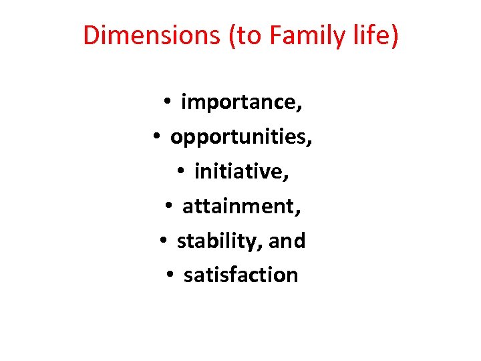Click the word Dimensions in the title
[152, 35]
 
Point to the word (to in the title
[245, 35]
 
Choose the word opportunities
[241, 137]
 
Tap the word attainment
[241, 207]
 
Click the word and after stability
[287, 241]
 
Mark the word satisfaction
[240, 275]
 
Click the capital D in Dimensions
[92, 35]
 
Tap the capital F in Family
[275, 35]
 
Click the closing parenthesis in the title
[395, 36]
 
